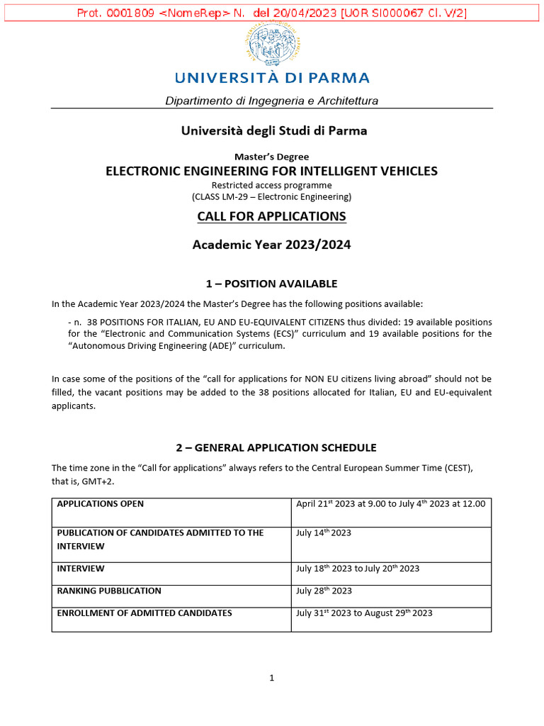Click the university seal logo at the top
pyautogui.click(x=271, y=44)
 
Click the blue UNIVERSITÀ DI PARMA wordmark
pyautogui.click(x=271, y=77)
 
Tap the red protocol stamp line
pyautogui.click(x=271, y=13)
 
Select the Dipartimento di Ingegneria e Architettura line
pyautogui.click(x=271, y=101)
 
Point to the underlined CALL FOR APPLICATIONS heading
pyautogui.click(x=271, y=216)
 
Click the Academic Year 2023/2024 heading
pyautogui.click(x=271, y=245)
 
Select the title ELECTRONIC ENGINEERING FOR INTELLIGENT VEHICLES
pyautogui.click(x=271, y=171)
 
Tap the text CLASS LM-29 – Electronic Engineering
pyautogui.click(x=271, y=196)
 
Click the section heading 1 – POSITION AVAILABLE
pyautogui.click(x=271, y=284)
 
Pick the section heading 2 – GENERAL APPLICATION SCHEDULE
pyautogui.click(x=276, y=447)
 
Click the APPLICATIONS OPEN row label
pyautogui.click(x=100, y=504)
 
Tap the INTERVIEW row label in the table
pyautogui.click(x=81, y=569)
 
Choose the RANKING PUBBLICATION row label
pyautogui.click(x=109, y=591)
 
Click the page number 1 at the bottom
pyautogui.click(x=271, y=678)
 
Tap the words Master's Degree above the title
pyautogui.click(x=271, y=157)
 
